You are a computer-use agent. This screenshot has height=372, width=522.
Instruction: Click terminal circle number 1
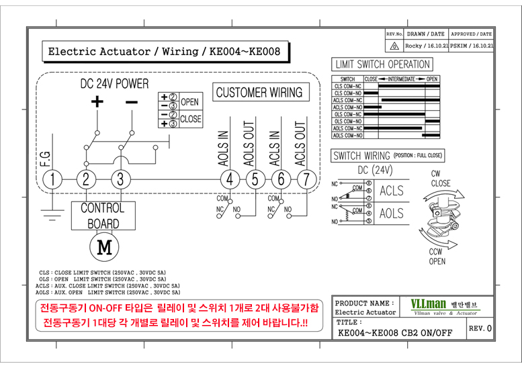tap(52, 179)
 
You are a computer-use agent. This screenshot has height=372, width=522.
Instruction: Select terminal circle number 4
tap(230, 179)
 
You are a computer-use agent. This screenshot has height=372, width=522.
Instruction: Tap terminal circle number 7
tap(307, 179)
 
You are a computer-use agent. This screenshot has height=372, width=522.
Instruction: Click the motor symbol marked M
tap(103, 246)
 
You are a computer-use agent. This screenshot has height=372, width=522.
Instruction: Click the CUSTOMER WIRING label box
tap(259, 93)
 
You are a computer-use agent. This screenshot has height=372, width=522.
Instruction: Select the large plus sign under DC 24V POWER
tap(98, 102)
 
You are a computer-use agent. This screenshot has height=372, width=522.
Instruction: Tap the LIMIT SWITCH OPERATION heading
tap(382, 64)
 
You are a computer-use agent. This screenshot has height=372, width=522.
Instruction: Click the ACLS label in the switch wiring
tap(392, 191)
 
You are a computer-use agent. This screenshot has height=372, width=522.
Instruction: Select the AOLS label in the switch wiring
tap(392, 214)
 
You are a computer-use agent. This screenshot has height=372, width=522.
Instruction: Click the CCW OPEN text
tap(437, 257)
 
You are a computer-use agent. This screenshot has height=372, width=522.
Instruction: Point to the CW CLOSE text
tap(441, 179)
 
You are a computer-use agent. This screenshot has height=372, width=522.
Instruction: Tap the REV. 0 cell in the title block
tap(480, 328)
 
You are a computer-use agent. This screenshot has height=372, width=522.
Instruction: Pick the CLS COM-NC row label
tap(347, 86)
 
